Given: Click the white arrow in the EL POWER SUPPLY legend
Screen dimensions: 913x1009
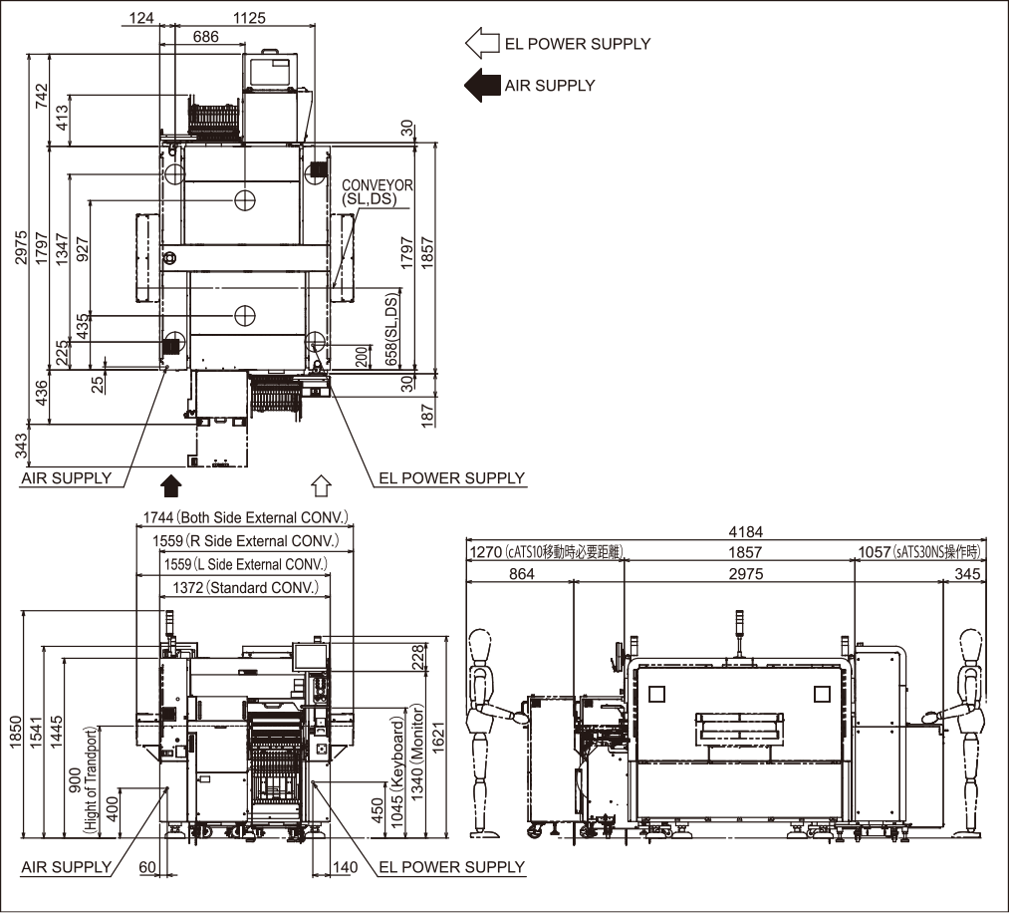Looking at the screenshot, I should (x=482, y=43).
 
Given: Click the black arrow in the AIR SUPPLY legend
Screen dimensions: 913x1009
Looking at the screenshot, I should (x=482, y=86).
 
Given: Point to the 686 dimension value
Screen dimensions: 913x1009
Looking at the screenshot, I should (x=206, y=37).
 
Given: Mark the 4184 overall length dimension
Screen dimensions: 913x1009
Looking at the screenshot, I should (x=726, y=532).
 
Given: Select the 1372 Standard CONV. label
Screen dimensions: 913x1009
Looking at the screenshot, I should (x=244, y=588).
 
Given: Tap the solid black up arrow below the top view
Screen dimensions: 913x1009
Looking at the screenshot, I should (x=171, y=485).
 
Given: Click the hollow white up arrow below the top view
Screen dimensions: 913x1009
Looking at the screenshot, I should (x=320, y=485).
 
